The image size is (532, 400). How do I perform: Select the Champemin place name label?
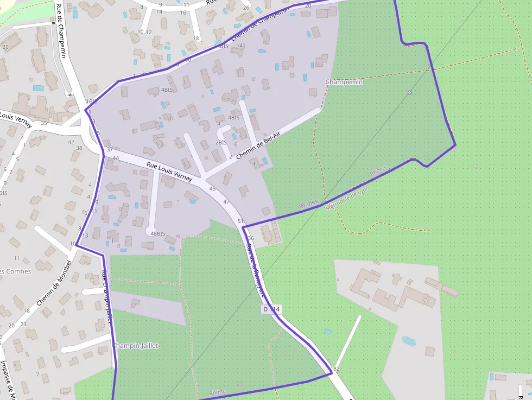click(344, 81)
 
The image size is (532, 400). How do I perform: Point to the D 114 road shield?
click(271, 309)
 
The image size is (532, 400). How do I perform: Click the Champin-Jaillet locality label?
click(136, 345)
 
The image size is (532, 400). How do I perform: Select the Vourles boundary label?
click(308, 204)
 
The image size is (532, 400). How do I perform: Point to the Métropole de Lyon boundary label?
click(347, 198)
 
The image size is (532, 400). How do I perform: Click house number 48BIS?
click(157, 233)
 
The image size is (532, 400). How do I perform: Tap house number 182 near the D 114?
click(335, 369)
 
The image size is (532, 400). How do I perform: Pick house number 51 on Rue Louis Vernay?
click(240, 221)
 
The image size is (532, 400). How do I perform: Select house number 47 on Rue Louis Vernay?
click(226, 201)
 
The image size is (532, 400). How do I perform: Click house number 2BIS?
click(221, 142)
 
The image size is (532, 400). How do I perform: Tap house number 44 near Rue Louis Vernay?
click(116, 158)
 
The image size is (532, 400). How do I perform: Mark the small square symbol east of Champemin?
click(409, 92)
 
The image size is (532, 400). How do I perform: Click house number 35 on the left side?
click(44, 123)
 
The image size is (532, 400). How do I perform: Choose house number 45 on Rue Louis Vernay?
click(212, 188)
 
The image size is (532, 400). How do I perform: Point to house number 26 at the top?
click(246, 7)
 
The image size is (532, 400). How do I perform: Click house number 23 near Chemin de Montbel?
click(23, 324)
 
